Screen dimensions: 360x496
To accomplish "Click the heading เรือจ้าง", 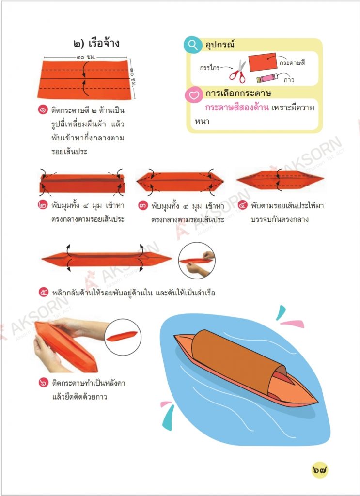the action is (x=104, y=43).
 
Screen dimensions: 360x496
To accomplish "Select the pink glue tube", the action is (x=267, y=77).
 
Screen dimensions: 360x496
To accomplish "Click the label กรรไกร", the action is (x=209, y=68).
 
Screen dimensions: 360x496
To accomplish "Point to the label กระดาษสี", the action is (x=292, y=62).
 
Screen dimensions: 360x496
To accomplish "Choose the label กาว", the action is (x=289, y=80).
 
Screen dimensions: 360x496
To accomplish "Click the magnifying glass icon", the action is (x=193, y=45).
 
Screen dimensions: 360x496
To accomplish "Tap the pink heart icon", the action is (x=194, y=94).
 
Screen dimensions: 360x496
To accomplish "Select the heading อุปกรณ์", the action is (x=220, y=44).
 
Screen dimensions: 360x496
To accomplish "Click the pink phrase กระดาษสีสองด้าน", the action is (x=237, y=108).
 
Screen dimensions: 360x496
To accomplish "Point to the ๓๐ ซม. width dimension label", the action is (x=86, y=57).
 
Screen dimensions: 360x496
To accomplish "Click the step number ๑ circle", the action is (x=43, y=110).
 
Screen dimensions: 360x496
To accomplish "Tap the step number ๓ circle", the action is (x=143, y=205).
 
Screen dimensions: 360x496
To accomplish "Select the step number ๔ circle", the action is (x=243, y=205).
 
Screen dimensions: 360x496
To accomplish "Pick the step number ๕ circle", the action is (x=44, y=292).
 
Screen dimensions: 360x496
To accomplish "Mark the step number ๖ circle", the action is (x=44, y=383).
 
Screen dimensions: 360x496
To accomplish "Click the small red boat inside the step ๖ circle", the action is (x=122, y=336).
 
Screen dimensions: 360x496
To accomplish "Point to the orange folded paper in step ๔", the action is (x=280, y=179).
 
